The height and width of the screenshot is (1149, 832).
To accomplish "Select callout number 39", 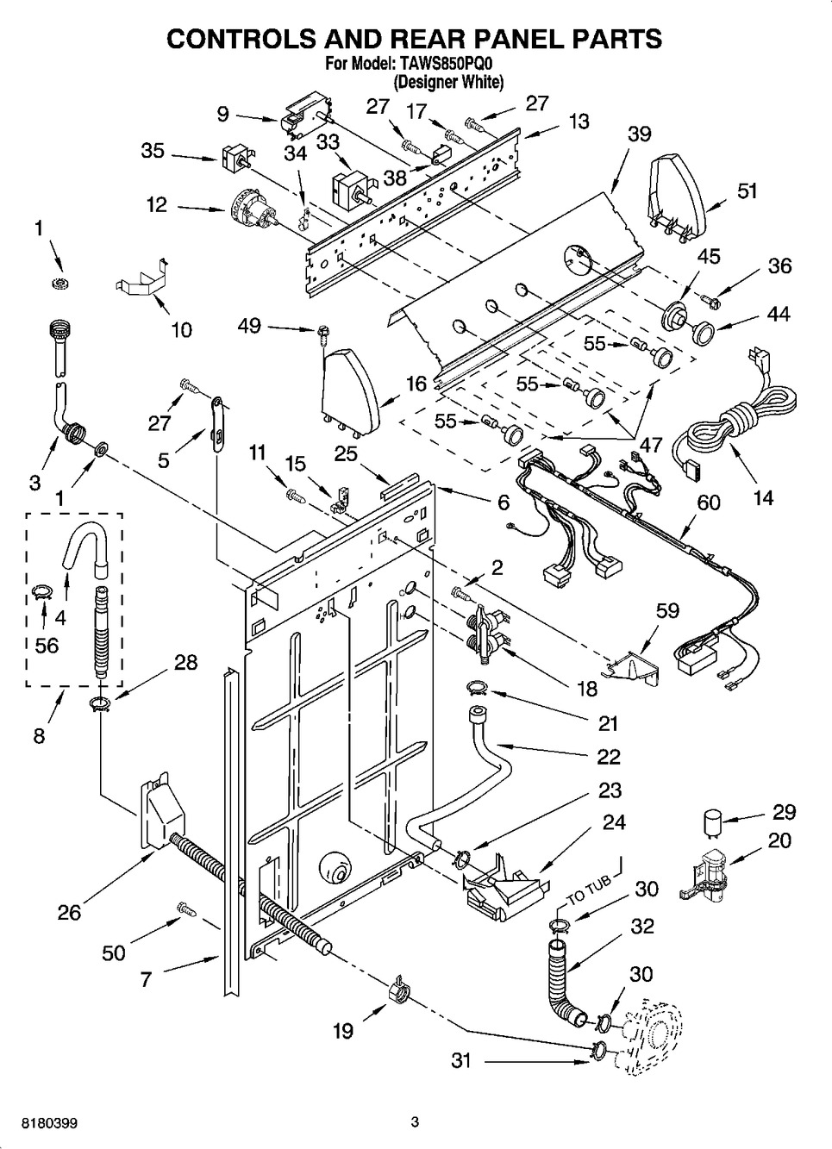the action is coord(639,134).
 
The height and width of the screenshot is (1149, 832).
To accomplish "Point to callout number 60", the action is coord(709,503).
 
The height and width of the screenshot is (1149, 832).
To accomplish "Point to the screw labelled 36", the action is coord(710,300).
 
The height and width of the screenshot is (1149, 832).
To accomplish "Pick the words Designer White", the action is coord(447,81).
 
